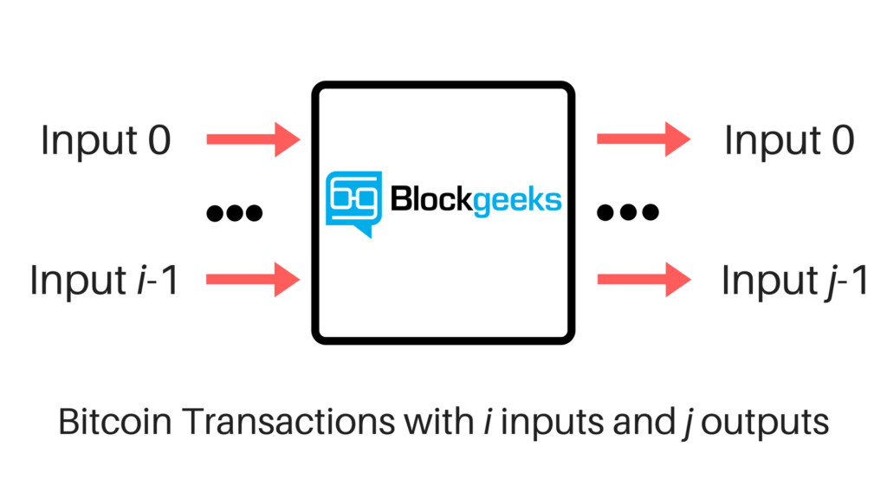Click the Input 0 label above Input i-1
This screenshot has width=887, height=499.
pyautogui.click(x=106, y=141)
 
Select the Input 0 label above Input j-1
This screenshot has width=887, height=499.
pyautogui.click(x=789, y=141)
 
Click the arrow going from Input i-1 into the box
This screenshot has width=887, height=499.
pyautogui.click(x=253, y=279)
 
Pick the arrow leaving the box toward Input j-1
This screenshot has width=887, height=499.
pyautogui.click(x=644, y=279)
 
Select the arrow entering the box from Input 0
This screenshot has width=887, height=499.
pyautogui.click(x=253, y=139)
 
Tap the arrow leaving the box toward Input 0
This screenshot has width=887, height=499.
pyautogui.click(x=644, y=139)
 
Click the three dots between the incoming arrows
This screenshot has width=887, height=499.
pyautogui.click(x=234, y=211)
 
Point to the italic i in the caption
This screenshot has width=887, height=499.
pyautogui.click(x=488, y=422)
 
